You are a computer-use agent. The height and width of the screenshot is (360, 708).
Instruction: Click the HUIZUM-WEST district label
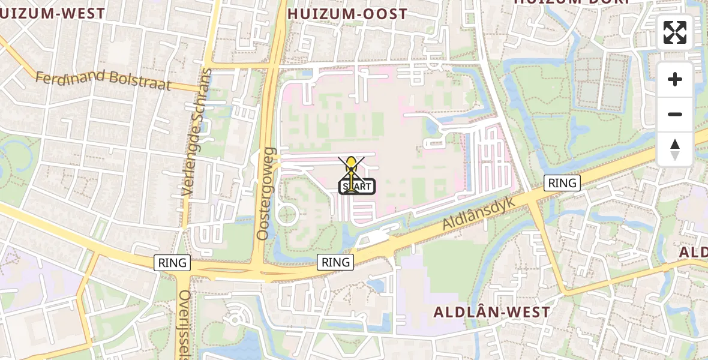coord(53,13)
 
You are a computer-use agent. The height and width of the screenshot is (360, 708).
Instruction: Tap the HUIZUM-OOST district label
coord(347,14)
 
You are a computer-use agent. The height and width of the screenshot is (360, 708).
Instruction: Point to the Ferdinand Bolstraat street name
coord(103,80)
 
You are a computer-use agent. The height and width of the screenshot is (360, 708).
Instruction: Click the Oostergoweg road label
coord(265,193)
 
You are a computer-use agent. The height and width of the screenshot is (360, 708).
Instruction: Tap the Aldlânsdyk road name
coord(479,212)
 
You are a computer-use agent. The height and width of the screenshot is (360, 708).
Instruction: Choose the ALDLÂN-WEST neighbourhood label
coord(491,312)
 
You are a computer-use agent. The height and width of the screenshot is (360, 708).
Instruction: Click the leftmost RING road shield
coord(173,262)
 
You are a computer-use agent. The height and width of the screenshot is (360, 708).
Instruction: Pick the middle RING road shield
coord(335,262)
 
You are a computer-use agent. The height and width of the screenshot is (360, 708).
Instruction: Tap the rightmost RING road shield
coord(562,183)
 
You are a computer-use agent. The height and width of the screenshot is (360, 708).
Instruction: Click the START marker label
coord(358,187)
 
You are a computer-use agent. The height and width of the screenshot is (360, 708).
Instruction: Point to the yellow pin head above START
coord(351,163)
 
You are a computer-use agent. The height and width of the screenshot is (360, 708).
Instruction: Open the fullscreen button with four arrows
coord(675,32)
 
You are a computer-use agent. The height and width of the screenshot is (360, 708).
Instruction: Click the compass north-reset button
coord(675,149)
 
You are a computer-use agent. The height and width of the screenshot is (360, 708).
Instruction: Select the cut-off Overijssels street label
coord(184,324)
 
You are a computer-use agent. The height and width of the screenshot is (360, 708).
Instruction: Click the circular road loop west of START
coord(287,214)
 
